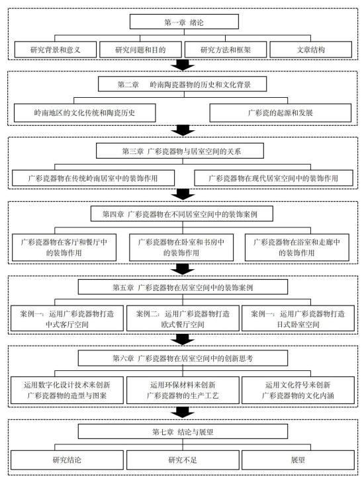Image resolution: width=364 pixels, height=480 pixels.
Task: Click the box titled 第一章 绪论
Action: (x=184, y=22)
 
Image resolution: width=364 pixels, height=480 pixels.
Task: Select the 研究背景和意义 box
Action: (x=56, y=50)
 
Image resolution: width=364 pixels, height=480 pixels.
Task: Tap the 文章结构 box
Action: (x=310, y=50)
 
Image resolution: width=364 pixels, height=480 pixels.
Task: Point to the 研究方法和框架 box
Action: (x=226, y=50)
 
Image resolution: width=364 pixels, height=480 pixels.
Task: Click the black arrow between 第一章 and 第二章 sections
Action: (x=183, y=65)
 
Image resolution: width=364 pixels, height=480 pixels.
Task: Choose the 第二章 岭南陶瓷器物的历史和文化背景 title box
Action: (x=182, y=84)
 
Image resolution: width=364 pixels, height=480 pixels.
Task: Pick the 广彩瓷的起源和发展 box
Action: (x=281, y=112)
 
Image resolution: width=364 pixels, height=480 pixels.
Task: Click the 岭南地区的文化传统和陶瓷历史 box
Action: (x=85, y=112)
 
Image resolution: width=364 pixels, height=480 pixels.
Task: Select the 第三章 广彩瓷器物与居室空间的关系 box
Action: (x=180, y=151)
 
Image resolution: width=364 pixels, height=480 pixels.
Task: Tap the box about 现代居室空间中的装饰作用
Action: (x=273, y=178)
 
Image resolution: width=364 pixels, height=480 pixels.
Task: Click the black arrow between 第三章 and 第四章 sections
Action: (x=183, y=194)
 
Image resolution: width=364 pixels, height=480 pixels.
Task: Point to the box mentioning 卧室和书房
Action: (x=181, y=247)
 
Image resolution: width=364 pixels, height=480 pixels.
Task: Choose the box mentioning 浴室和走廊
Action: (x=297, y=247)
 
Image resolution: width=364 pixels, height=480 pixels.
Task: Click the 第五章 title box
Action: (x=183, y=287)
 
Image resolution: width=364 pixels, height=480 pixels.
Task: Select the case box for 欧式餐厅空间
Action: (x=183, y=319)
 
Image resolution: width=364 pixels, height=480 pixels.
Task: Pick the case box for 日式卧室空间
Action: (x=298, y=319)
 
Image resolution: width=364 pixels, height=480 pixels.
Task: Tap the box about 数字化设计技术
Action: (x=67, y=390)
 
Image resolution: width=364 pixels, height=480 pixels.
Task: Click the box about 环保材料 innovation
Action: (x=183, y=390)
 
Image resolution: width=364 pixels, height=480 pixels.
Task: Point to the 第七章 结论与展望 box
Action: (x=183, y=432)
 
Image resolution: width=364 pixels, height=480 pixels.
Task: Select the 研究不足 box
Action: (x=183, y=460)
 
